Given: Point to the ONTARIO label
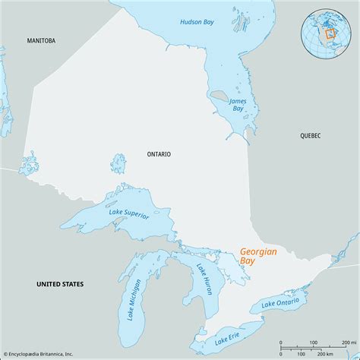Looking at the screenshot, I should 159,153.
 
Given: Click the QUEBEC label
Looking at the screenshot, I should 310,135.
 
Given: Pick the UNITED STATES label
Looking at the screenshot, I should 60,283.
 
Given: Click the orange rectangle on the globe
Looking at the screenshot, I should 330,34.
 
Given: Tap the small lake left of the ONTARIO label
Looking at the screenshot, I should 118,163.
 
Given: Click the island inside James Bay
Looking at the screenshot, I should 219,97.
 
